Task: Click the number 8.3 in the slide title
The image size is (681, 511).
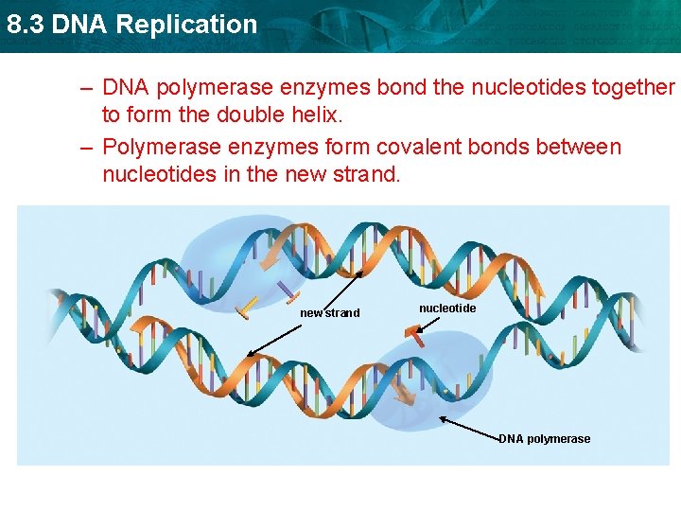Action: [x=26, y=25]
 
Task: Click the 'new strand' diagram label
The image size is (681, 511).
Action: [x=329, y=313]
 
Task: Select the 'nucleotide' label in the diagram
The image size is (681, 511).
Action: [x=447, y=308]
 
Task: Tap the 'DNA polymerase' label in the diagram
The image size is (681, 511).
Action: [x=544, y=439]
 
